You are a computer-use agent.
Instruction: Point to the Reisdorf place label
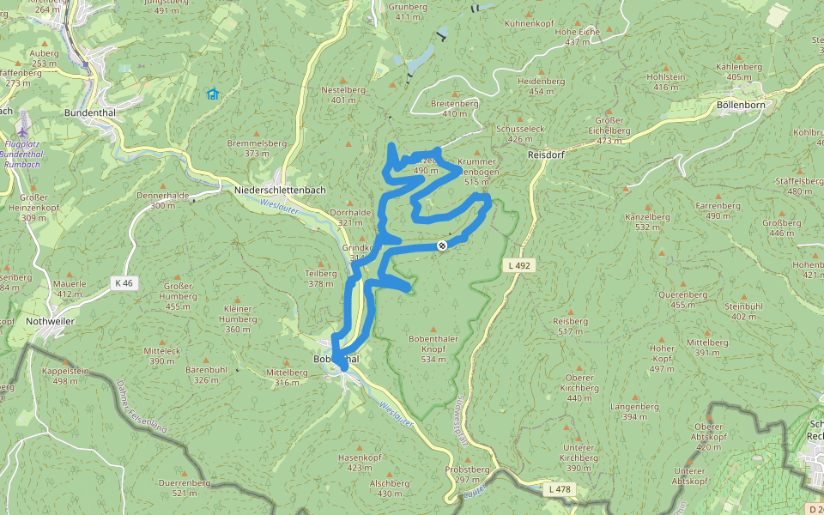point(545,154)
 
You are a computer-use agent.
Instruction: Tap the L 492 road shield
point(518,266)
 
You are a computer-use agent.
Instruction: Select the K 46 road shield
point(124,282)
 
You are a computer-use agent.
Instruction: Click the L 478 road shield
point(557,489)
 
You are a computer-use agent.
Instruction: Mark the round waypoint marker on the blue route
point(442,245)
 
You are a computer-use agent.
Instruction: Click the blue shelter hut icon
point(212,94)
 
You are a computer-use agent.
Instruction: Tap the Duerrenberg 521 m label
point(185,488)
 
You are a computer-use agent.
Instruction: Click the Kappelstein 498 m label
point(65,375)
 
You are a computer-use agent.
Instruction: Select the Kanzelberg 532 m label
point(647,222)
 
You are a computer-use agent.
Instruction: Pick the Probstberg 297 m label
point(467,475)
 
